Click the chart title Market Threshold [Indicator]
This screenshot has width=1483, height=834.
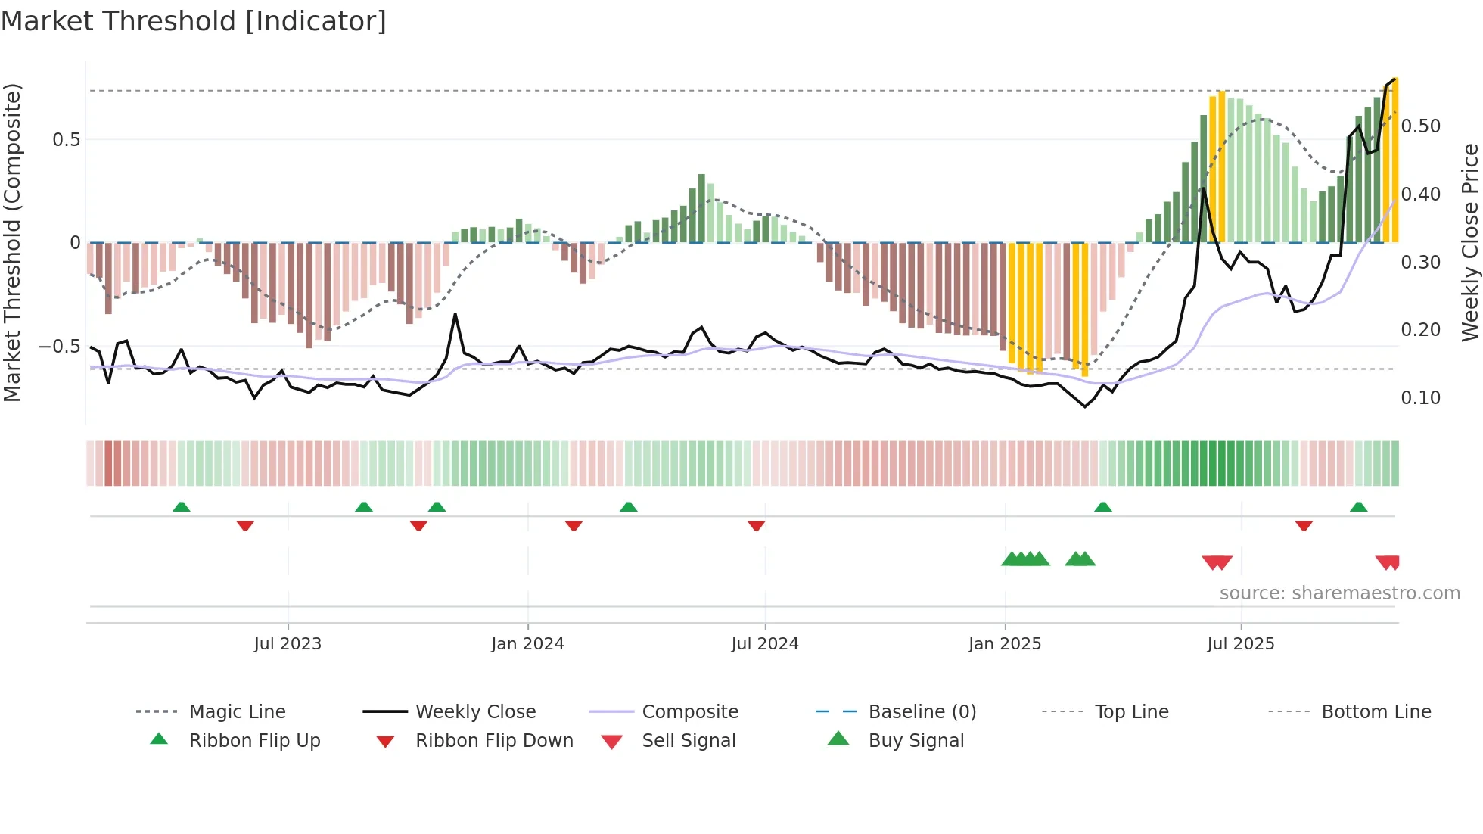[194, 21]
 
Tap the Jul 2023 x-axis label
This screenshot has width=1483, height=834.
[288, 644]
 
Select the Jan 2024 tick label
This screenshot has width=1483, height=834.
[527, 644]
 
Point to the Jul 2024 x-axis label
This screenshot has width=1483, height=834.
[764, 644]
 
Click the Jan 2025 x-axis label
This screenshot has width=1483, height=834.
[1005, 644]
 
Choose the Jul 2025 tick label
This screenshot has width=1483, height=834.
[1240, 644]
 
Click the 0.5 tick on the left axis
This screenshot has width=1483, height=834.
[67, 140]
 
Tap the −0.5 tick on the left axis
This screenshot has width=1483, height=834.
[60, 347]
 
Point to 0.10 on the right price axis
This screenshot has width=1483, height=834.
[1420, 398]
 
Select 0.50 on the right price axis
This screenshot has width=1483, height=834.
[1420, 126]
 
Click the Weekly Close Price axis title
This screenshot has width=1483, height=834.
[1469, 242]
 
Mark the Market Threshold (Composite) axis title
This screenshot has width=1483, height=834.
[12, 242]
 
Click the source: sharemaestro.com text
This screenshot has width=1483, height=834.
[1339, 593]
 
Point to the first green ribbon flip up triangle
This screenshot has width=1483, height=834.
[181, 507]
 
